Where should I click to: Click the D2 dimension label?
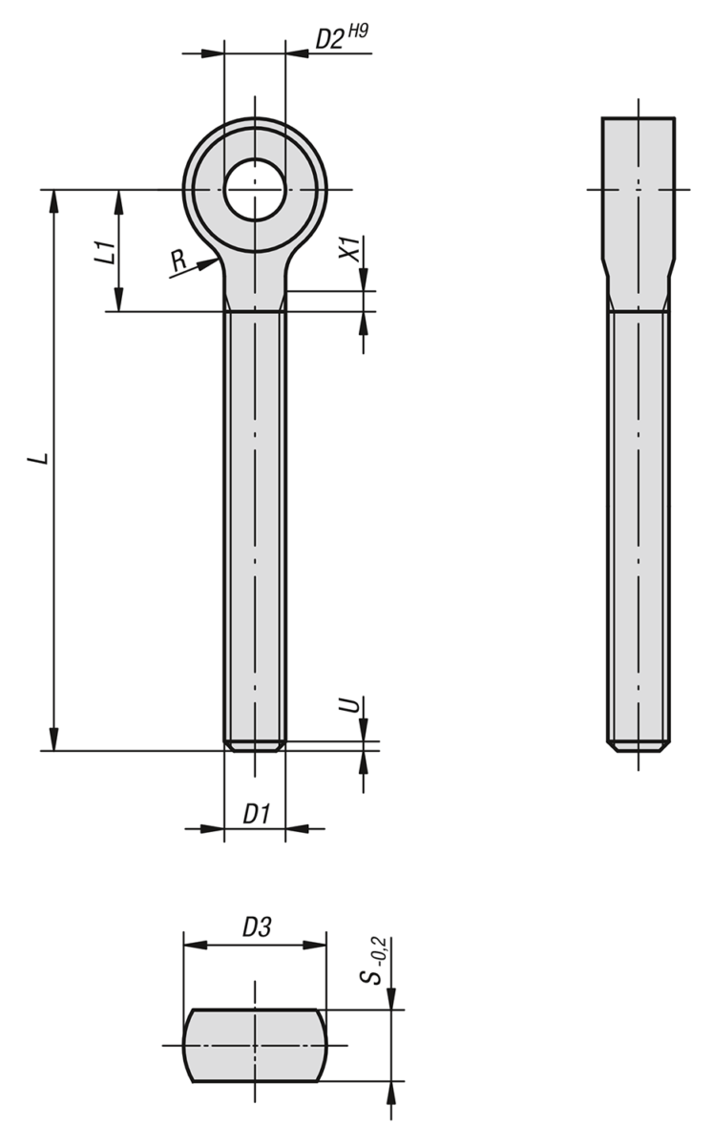tap(329, 39)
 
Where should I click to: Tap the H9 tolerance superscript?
tap(357, 31)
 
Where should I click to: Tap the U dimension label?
tap(350, 706)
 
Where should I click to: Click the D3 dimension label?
tap(256, 927)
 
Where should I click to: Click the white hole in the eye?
tap(255, 189)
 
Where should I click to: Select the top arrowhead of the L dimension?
tap(53, 200)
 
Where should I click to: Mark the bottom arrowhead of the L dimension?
tap(53, 739)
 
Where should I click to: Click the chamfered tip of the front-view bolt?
tap(255, 745)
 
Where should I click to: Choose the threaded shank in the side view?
tap(638, 525)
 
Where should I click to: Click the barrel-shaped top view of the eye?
tap(255, 1045)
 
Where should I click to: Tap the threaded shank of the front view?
tap(255, 525)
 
